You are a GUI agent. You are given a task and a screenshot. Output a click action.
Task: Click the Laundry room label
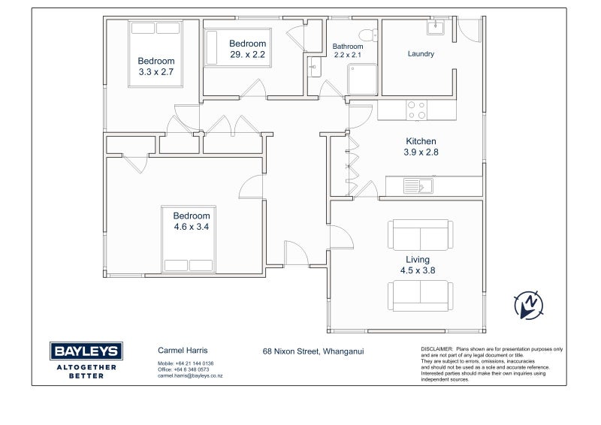point(421,53)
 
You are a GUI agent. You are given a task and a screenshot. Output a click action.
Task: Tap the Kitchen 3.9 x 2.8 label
point(421,146)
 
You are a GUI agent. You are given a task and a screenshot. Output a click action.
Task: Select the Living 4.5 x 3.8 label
point(418,265)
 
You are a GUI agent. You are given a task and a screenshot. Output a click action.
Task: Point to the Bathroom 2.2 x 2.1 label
point(348,50)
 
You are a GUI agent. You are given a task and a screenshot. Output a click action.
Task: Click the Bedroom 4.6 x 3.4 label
point(192,221)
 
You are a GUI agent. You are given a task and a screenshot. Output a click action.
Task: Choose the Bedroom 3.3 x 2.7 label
point(156,66)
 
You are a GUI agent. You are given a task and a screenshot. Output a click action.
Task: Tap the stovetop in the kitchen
point(417,110)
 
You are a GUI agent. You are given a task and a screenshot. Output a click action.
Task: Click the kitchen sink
point(418,186)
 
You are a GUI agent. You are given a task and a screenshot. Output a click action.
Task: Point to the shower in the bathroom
point(362,80)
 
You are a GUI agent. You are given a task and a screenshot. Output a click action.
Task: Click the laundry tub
point(436,27)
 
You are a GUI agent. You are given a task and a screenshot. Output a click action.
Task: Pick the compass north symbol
point(529,306)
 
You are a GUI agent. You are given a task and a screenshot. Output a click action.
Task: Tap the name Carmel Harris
point(183,350)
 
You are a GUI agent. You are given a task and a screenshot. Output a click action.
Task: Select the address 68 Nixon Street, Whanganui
point(313,351)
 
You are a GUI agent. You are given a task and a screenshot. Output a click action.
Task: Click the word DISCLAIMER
point(437,349)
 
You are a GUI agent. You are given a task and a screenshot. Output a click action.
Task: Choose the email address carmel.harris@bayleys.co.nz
point(190,376)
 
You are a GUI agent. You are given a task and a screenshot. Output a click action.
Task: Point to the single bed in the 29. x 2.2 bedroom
point(237,47)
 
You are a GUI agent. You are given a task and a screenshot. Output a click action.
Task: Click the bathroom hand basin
point(314,67)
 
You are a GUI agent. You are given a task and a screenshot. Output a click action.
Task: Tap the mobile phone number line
point(186,363)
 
